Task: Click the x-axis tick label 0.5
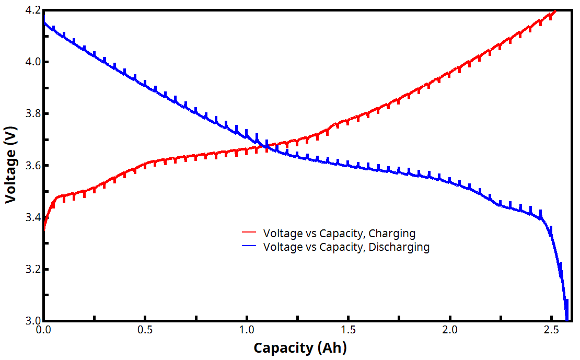pos(145,330)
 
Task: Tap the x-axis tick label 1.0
pos(247,330)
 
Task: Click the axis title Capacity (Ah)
pos(300,347)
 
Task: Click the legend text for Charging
pos(339,233)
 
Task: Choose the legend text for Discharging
pos(346,247)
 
